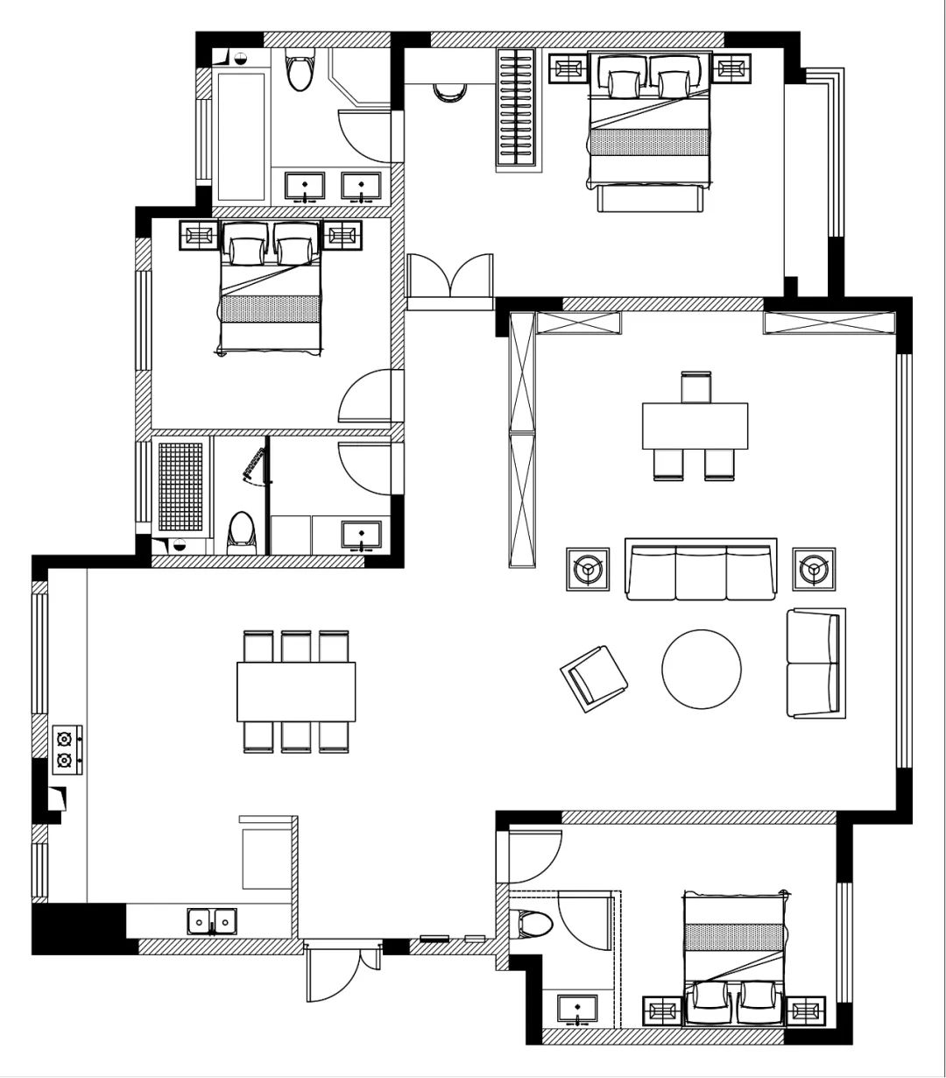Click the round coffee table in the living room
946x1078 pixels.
point(702,670)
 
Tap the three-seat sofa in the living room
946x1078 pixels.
point(701,571)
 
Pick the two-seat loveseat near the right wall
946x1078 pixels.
point(815,663)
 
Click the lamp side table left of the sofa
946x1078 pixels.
point(587,570)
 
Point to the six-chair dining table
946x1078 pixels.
point(296,691)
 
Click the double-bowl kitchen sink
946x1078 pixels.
point(211,921)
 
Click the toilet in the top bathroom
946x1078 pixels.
point(300,73)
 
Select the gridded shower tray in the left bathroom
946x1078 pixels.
point(180,487)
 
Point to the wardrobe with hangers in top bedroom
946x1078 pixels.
point(516,107)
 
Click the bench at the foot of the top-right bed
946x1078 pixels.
point(651,198)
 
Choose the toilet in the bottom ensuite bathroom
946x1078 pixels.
point(533,925)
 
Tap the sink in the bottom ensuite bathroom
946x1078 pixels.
point(577,1009)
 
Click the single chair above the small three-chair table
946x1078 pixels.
point(696,387)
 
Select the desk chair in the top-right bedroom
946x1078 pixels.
point(451,91)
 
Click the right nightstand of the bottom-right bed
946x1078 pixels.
point(806,1011)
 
